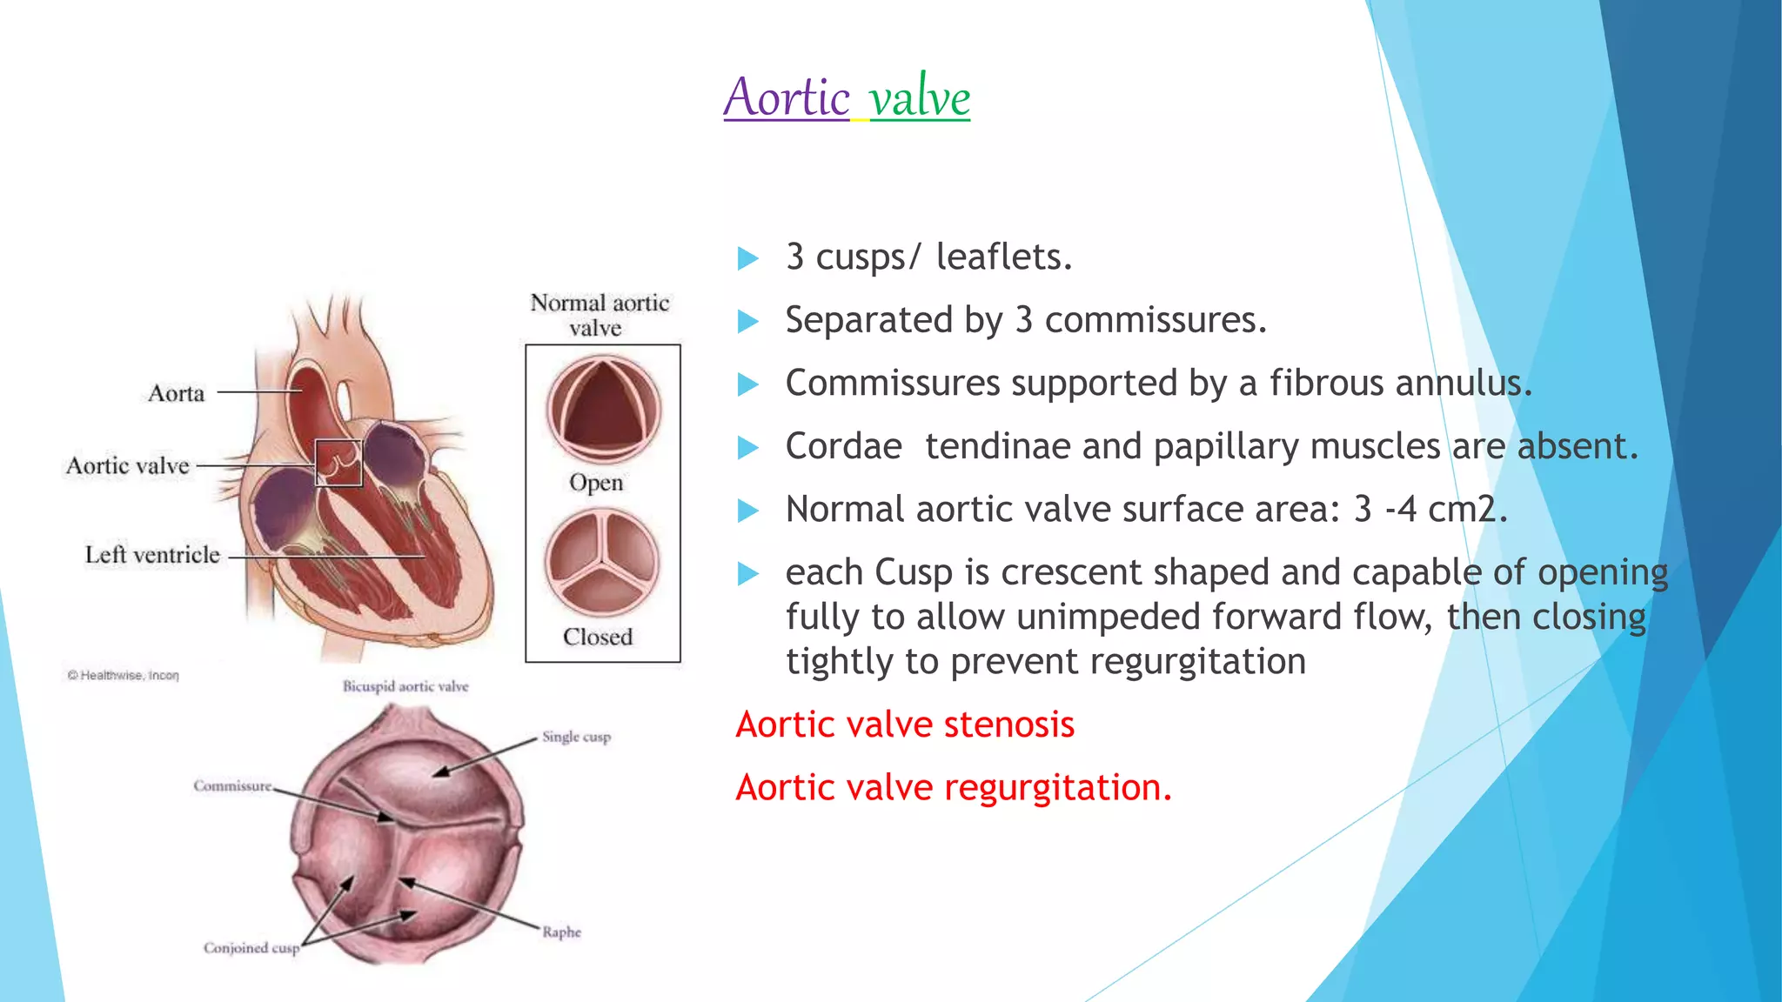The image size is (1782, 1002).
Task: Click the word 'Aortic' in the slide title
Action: (x=787, y=97)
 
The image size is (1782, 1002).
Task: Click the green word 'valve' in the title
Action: (x=920, y=97)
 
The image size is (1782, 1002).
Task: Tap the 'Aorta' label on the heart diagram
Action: (x=176, y=393)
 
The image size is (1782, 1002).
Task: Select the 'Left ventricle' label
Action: (x=152, y=555)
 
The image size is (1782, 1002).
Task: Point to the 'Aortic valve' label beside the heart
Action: (x=128, y=466)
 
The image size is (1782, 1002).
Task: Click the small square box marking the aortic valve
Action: (x=338, y=463)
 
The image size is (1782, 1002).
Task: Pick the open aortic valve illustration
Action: (x=603, y=409)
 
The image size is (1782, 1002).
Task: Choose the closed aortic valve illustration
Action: (x=602, y=562)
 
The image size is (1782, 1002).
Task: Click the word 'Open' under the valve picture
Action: (x=596, y=483)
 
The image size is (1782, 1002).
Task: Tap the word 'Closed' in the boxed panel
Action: (x=598, y=637)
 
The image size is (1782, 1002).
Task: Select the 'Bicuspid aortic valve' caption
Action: (x=405, y=686)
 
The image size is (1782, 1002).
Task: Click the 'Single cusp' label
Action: (x=576, y=737)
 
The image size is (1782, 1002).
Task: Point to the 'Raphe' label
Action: (x=561, y=932)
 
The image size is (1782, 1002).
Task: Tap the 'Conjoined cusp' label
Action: (x=251, y=948)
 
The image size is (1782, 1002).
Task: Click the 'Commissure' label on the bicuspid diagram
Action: (x=232, y=786)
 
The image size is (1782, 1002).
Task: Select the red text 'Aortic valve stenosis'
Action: (x=905, y=725)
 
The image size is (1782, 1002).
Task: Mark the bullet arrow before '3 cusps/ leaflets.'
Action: (x=747, y=258)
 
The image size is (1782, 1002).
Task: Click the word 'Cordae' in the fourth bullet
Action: (x=843, y=446)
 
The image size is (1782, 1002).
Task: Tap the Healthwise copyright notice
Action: (x=124, y=676)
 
